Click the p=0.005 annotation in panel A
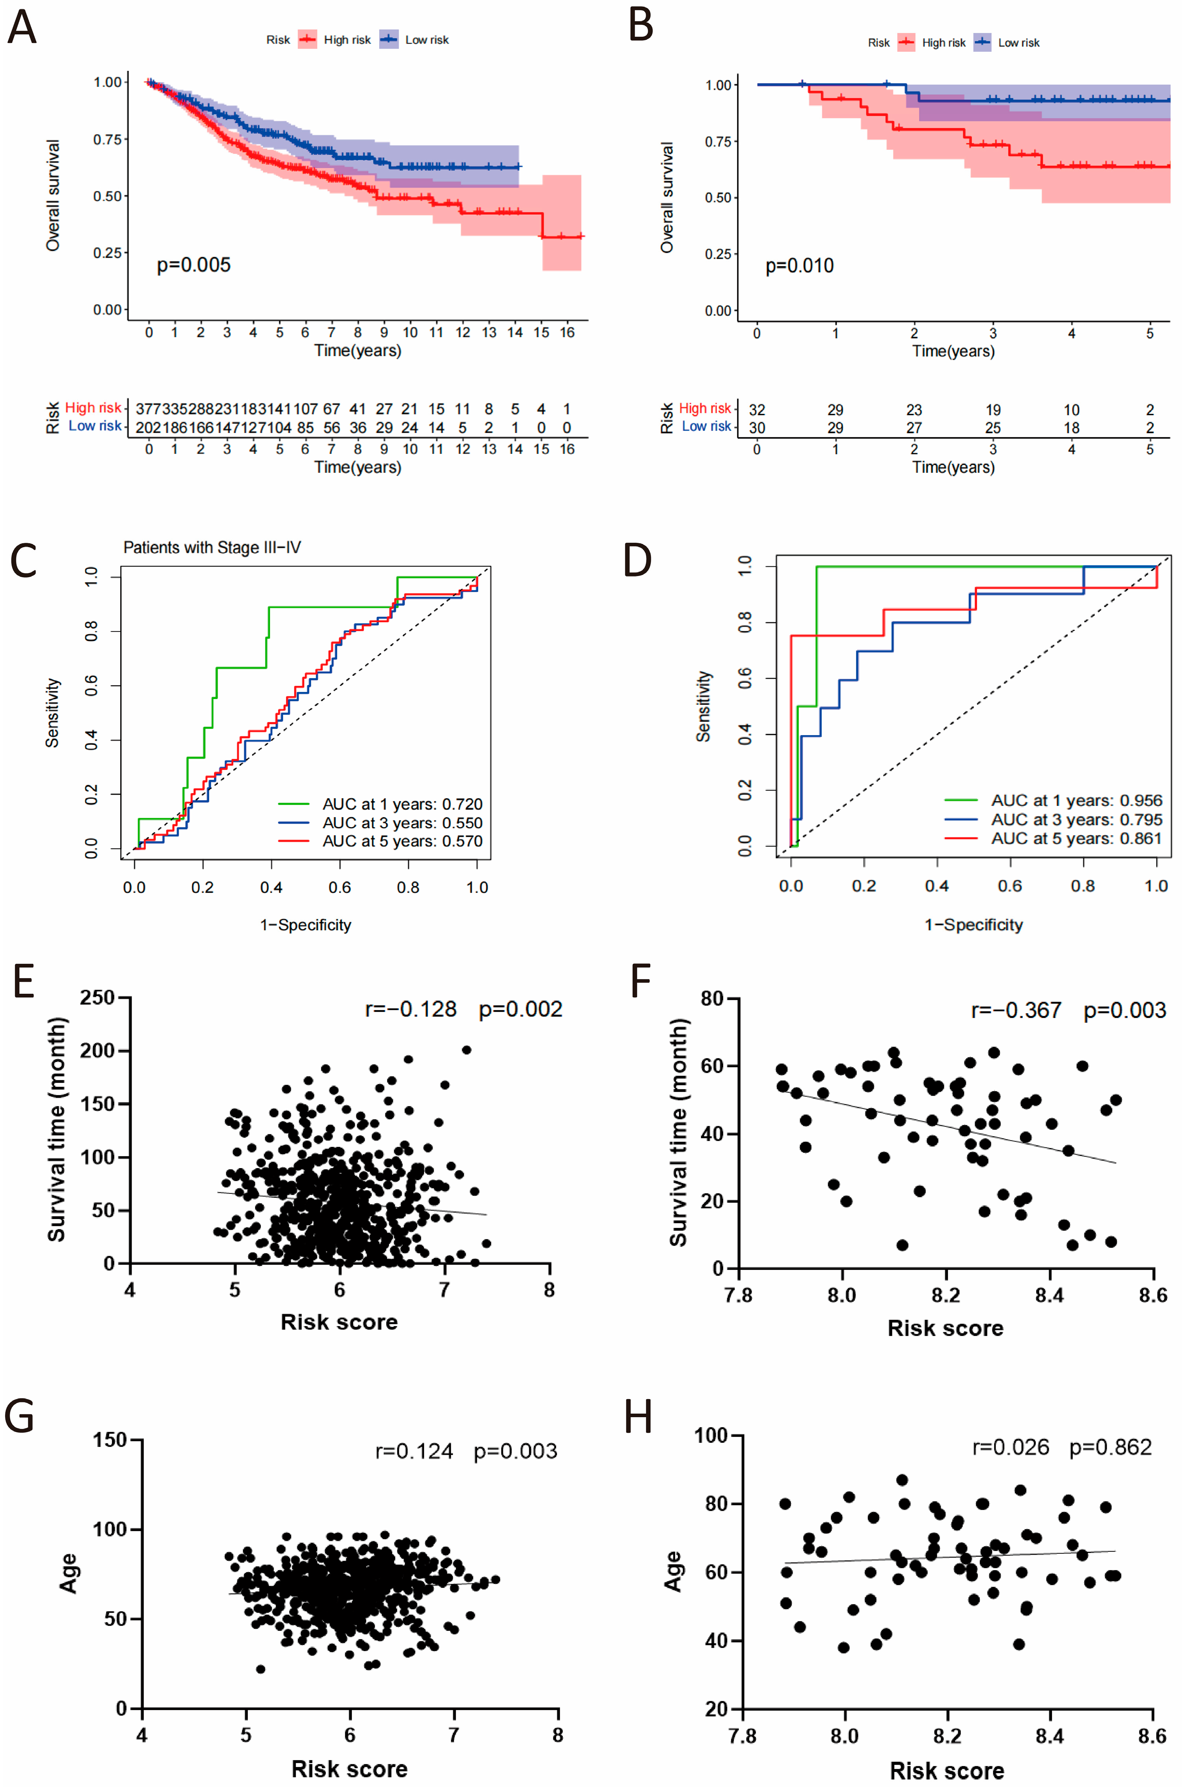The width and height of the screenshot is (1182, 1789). pyautogui.click(x=194, y=265)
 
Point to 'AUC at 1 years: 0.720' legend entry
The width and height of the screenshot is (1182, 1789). pyautogui.click(x=402, y=804)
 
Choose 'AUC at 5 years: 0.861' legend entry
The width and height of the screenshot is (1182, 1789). pyautogui.click(x=1076, y=839)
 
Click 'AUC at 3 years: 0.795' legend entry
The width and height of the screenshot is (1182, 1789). pyautogui.click(x=1076, y=820)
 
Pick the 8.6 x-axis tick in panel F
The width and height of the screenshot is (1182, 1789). pyautogui.click(x=1152, y=1295)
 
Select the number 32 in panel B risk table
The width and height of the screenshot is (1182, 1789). pyautogui.click(x=757, y=410)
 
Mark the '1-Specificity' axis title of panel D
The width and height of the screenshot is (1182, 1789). pyautogui.click(x=973, y=925)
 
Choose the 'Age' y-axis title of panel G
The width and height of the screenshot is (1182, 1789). pyautogui.click(x=69, y=1573)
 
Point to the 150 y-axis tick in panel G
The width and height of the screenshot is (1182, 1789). pyautogui.click(x=110, y=1440)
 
